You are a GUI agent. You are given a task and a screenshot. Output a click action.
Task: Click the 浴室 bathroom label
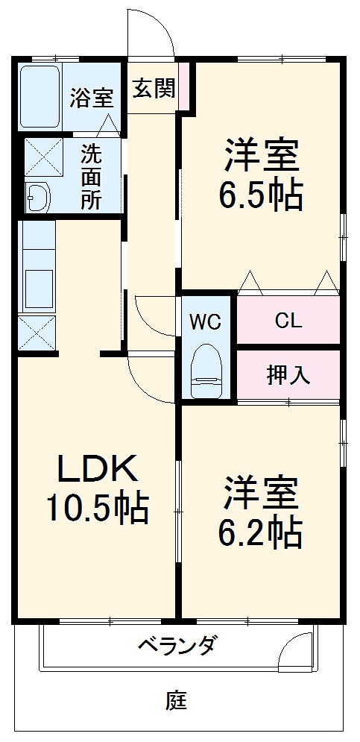92,98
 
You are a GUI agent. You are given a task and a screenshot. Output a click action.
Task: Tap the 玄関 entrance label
154,89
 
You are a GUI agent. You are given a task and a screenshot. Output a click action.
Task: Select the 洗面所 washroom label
92,177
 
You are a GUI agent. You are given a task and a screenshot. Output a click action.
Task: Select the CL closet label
288,321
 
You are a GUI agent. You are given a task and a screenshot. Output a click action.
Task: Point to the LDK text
98,470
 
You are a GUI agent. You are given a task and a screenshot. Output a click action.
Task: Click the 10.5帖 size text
98,509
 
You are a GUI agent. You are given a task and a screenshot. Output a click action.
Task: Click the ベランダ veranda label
177,645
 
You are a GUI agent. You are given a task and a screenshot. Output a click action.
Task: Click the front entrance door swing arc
153,30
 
